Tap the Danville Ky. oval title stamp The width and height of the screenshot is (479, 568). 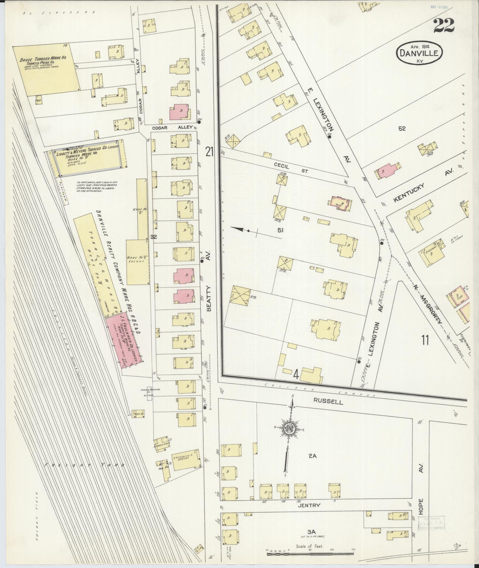[419, 53]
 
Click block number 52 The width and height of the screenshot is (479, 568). [402, 129]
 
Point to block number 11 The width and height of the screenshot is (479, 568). [425, 340]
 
